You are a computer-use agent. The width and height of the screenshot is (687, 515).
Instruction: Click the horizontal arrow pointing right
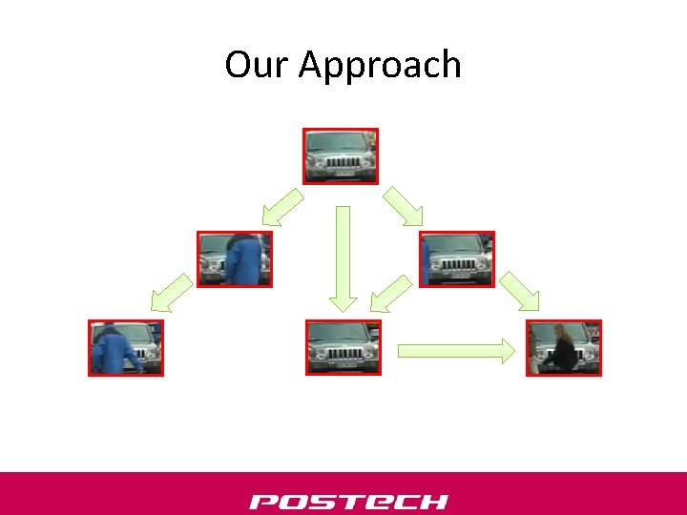455,350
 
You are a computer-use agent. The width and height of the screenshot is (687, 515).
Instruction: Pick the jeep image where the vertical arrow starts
341,155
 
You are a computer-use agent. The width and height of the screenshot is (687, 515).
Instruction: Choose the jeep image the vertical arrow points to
343,347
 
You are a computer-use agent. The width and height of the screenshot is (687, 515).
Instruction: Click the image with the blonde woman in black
564,347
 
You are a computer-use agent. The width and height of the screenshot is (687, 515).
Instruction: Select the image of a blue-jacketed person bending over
126,347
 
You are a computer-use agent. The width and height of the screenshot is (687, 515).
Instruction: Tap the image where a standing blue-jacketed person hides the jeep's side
234,258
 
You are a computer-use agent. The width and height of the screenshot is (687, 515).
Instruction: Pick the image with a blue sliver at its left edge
457,258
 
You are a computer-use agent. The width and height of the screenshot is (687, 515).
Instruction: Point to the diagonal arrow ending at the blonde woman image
520,291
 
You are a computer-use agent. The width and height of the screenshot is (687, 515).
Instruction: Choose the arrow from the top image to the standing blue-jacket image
282,206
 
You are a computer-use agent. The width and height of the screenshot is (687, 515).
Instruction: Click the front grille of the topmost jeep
342,163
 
